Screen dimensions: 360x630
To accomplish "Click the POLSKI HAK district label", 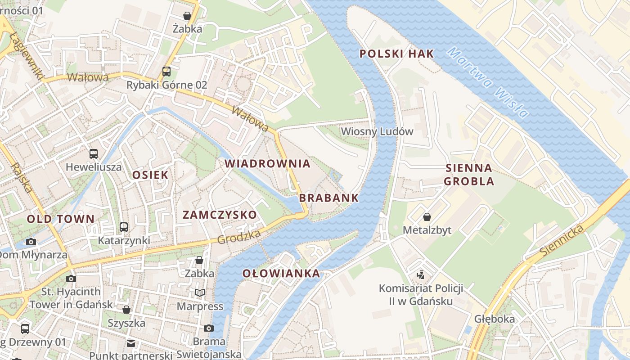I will pos(396,54).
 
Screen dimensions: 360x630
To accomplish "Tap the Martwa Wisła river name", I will pos(488,83).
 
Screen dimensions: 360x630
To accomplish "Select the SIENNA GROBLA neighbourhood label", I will pos(469,175).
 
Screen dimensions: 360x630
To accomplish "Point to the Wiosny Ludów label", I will pos(377,131).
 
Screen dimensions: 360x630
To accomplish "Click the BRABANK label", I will pos(329,198).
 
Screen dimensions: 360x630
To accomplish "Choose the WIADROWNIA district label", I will pos(268,164).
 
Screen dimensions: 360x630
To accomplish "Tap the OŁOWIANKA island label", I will pos(281,273).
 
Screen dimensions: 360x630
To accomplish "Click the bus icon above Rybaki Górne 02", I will pos(166,71).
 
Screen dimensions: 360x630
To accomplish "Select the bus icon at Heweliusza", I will pos(94,153).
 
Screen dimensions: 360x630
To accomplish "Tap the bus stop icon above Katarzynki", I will pos(124,227).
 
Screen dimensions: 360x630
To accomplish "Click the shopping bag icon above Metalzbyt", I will pos(427,217).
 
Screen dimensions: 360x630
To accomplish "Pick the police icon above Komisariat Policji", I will pos(420,274).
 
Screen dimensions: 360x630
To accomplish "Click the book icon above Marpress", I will pos(200,293).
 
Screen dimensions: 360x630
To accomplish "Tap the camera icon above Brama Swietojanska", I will pos(208,328).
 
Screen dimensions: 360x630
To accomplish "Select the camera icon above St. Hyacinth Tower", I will pos(71,279).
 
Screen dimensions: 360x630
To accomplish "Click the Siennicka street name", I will pos(562,241).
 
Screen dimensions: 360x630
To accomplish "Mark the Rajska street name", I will pos(21,177).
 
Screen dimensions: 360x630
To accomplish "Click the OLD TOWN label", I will pos(61,219).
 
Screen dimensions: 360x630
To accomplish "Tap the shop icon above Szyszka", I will pos(126,310).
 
